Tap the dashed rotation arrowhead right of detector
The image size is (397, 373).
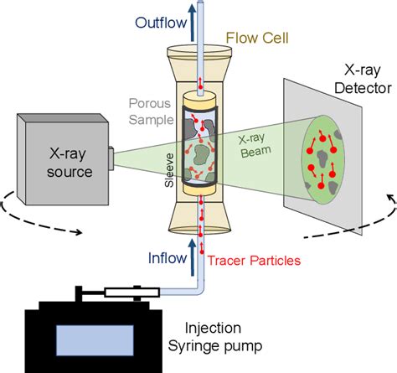coord(387,198)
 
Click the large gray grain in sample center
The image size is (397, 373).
coord(201,155)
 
